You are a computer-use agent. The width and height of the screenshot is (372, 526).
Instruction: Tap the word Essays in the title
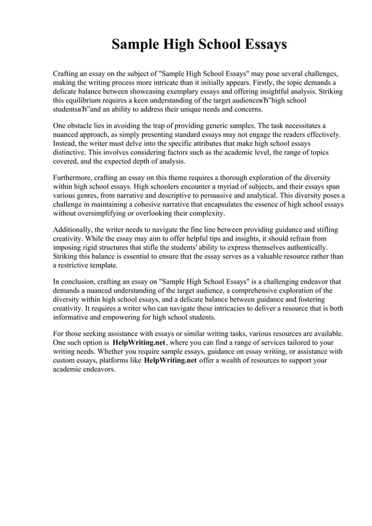[x=262, y=45]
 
